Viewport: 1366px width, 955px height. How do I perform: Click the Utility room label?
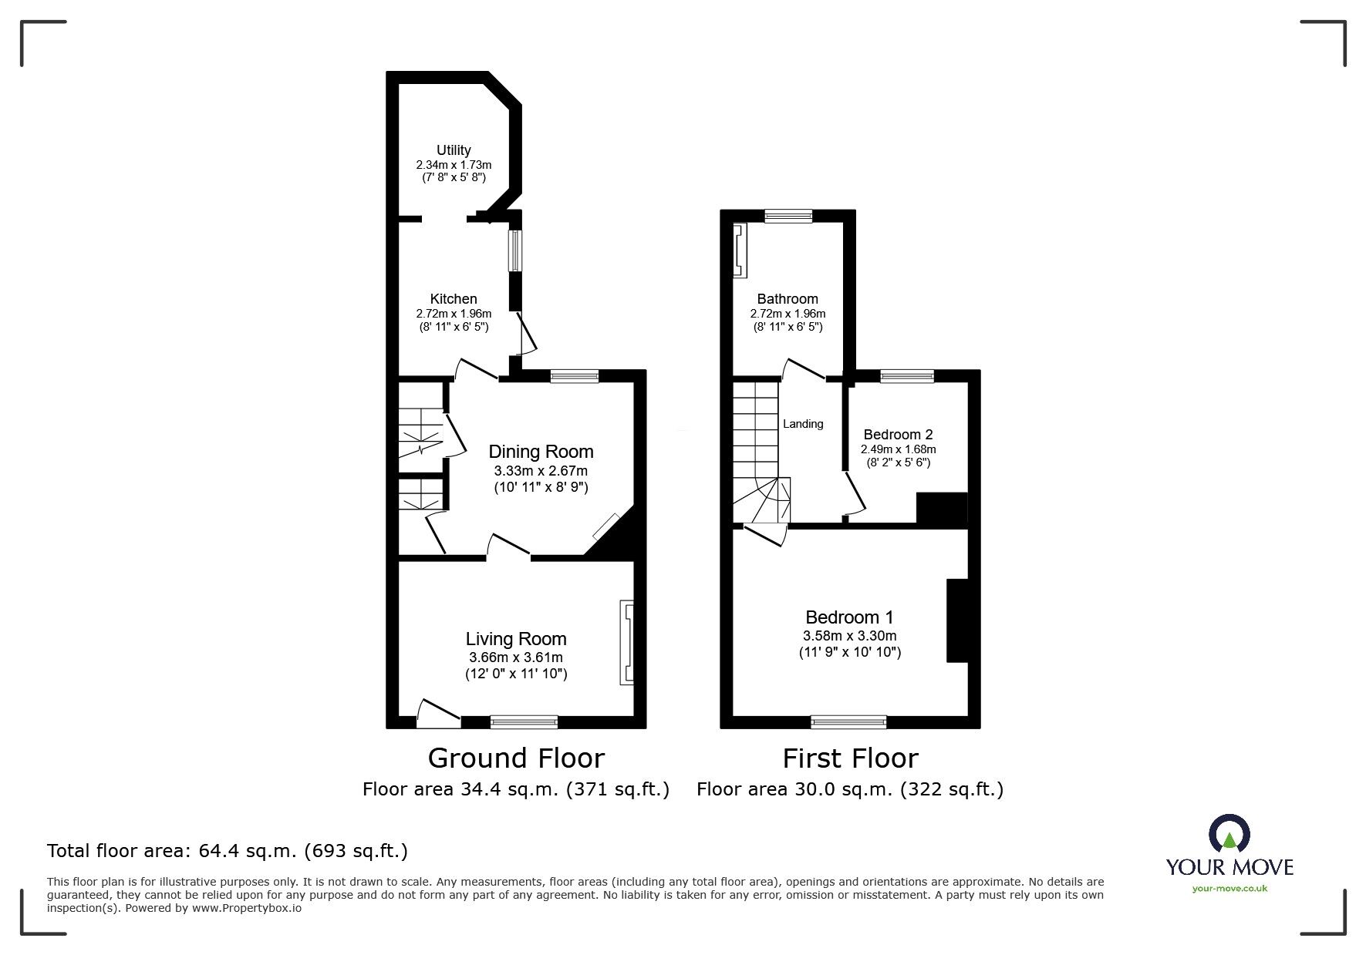click(x=453, y=150)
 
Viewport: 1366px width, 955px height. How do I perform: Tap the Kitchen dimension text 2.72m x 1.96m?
click(x=453, y=314)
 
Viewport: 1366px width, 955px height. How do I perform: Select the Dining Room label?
click(x=541, y=452)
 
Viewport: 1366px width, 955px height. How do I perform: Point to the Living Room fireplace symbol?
click(x=626, y=643)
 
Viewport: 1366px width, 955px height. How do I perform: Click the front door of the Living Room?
click(x=437, y=713)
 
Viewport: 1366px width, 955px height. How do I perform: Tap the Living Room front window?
click(x=524, y=722)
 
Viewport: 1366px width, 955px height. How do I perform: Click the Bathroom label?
click(x=787, y=299)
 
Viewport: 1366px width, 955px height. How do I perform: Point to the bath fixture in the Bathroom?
click(x=740, y=251)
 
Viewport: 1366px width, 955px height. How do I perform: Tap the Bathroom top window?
click(x=788, y=217)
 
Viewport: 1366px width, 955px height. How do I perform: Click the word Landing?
click(x=803, y=424)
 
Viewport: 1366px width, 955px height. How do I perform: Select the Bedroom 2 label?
click(x=898, y=435)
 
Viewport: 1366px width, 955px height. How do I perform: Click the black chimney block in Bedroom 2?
click(x=941, y=509)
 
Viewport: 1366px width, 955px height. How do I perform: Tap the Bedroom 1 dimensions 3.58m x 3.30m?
click(x=849, y=637)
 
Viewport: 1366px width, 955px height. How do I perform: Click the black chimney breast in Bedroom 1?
click(x=956, y=620)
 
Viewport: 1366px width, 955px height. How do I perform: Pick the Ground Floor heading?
click(x=515, y=758)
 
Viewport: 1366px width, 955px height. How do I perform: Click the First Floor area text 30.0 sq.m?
click(x=849, y=789)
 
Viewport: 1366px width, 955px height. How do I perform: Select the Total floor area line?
click(x=228, y=851)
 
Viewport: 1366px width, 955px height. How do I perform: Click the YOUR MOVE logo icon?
click(x=1229, y=835)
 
